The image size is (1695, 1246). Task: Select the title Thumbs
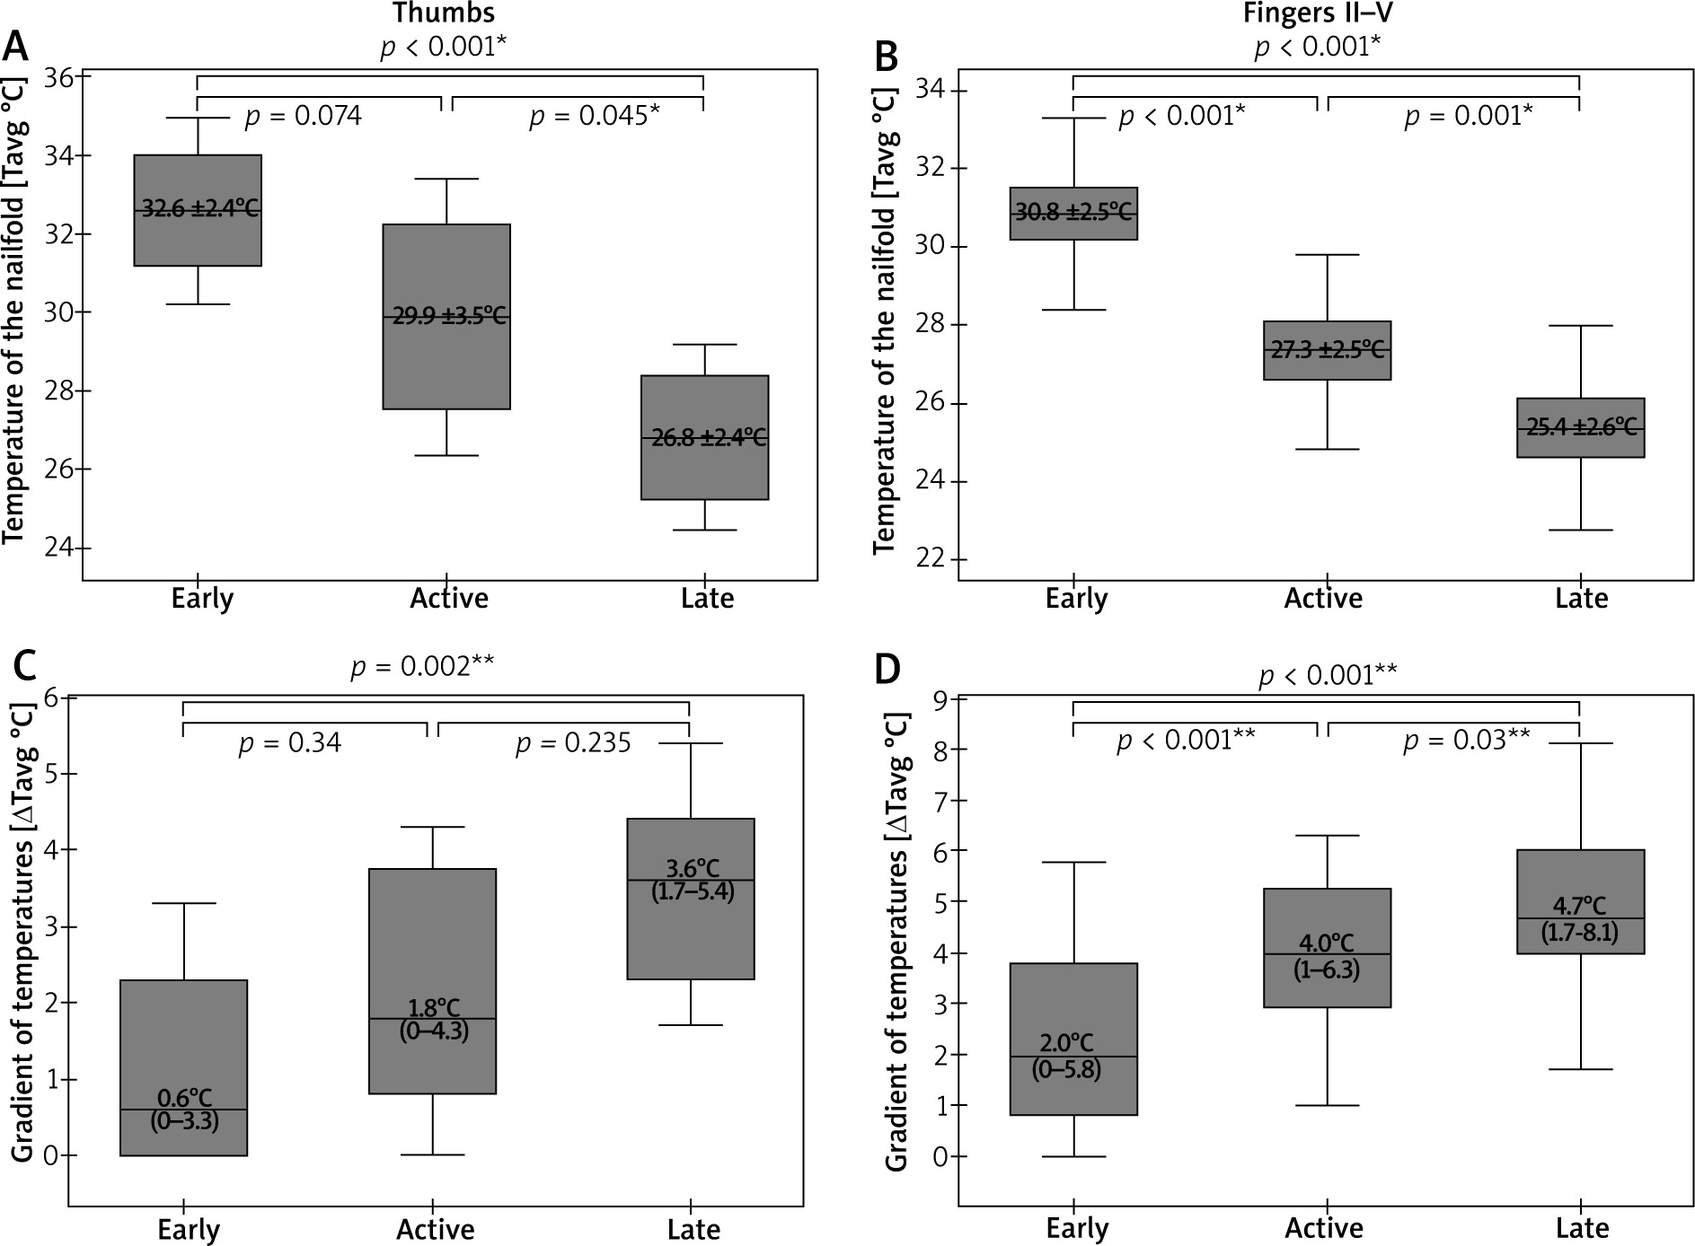point(443,13)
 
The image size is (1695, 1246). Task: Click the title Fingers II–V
point(1317,13)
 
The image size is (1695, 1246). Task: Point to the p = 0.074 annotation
point(303,117)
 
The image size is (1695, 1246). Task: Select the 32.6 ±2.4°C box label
point(199,209)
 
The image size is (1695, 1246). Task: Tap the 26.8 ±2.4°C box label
point(709,438)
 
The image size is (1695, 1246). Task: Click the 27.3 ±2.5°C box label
point(1327,350)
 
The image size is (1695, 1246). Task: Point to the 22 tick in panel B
point(931,559)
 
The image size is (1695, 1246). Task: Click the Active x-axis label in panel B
point(1323,599)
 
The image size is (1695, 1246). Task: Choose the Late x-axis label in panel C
point(693,1229)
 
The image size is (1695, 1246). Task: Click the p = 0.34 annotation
point(289,744)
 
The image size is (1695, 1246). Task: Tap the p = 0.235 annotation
point(573,744)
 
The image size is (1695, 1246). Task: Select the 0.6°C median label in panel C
point(184,1098)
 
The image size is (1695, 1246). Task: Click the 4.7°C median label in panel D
point(1579,907)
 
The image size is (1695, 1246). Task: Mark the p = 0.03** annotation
point(1466,741)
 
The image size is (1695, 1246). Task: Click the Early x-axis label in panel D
point(1078,1229)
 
